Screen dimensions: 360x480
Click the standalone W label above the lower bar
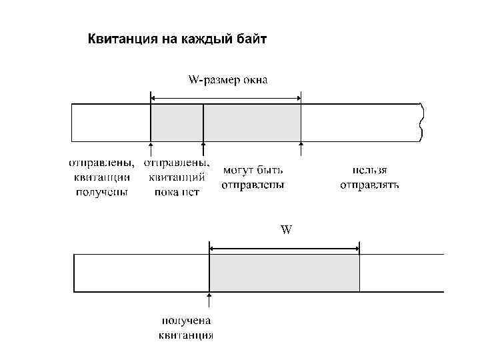pos(285,230)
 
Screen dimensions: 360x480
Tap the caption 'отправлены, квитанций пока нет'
pos(177,177)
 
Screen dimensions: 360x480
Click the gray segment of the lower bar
pos(285,273)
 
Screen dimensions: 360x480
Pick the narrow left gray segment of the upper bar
pos(177,123)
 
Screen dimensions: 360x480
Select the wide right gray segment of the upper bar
pos(252,123)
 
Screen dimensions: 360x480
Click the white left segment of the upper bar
pos(111,123)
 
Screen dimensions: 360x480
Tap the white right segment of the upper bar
pos(360,123)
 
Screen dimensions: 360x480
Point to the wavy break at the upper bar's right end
pos(421,123)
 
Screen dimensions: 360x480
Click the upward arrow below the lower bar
pos(210,301)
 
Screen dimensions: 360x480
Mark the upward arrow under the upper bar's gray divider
pos(203,149)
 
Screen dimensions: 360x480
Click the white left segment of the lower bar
pos(141,273)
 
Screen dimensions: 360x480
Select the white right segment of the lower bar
pos(401,273)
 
